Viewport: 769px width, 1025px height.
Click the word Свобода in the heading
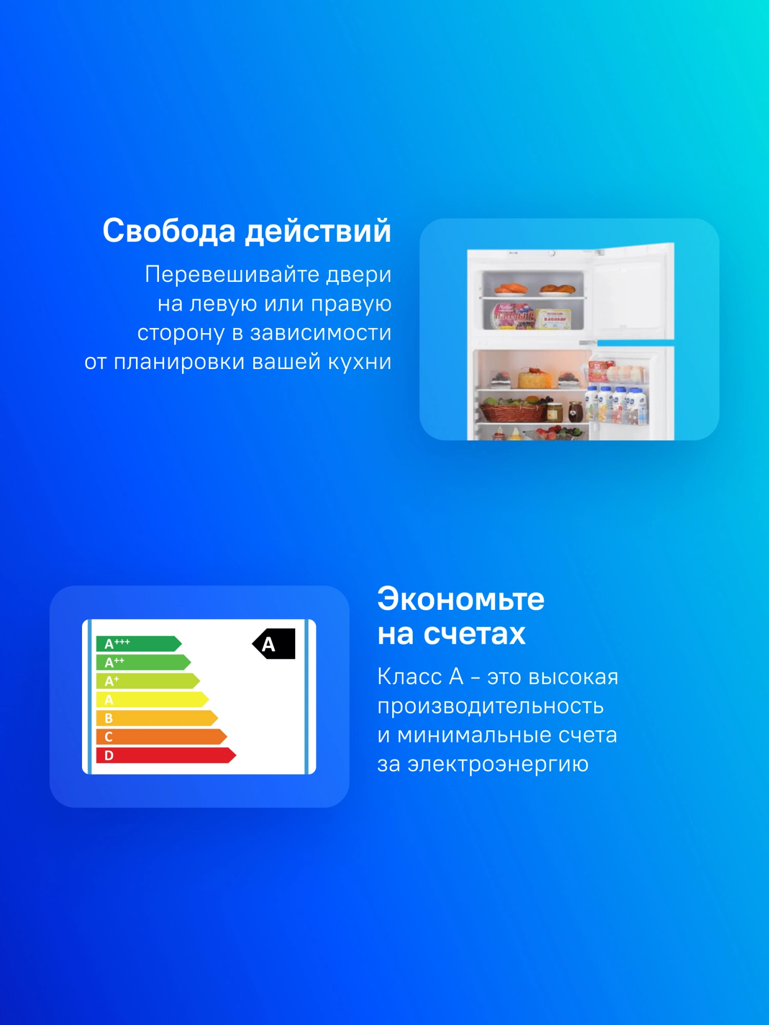coord(169,231)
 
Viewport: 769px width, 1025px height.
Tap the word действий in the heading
coord(318,232)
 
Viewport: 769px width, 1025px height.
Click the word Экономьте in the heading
coord(461,599)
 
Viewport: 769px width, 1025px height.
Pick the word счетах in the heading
coord(474,634)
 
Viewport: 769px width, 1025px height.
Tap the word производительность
coord(491,707)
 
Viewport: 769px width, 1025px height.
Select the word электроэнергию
coord(498,765)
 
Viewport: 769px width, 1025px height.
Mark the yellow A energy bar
coord(152,700)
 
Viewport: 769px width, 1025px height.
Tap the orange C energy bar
coord(161,737)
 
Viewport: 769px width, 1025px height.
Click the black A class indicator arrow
coord(274,644)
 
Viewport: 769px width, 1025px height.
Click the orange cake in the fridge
coord(535,378)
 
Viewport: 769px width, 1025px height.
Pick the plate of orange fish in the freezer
coord(511,290)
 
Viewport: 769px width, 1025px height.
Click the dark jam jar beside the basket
coord(575,412)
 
